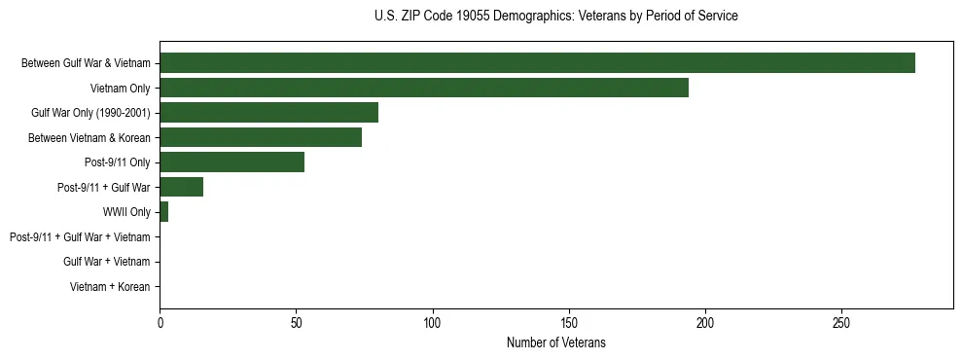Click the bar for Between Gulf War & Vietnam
tap(537, 62)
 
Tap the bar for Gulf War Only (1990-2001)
tap(268, 112)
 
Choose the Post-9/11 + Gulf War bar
tap(181, 187)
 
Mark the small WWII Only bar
tap(163, 211)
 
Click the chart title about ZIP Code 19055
tap(555, 17)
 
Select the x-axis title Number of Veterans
tap(555, 342)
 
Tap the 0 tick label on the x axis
tap(160, 322)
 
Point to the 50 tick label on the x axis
tap(296, 322)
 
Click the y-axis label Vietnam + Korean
tap(110, 287)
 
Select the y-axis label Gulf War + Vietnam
tap(106, 262)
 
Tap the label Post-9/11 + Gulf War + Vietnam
tap(80, 236)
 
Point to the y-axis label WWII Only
tap(125, 212)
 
